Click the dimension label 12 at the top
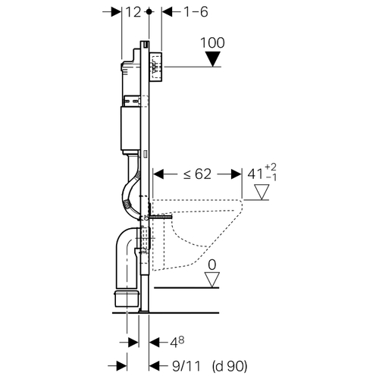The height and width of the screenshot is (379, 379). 133,12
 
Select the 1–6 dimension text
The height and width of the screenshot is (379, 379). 196,12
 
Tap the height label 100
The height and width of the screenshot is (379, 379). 212,42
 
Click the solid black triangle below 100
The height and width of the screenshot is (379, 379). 213,59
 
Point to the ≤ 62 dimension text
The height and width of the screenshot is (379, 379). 197,174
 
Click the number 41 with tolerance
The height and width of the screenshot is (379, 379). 255,174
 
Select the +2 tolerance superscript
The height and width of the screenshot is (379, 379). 271,168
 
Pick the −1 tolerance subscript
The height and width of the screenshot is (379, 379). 271,177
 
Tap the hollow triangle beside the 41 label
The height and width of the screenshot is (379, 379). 262,192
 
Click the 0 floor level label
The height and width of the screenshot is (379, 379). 212,265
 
